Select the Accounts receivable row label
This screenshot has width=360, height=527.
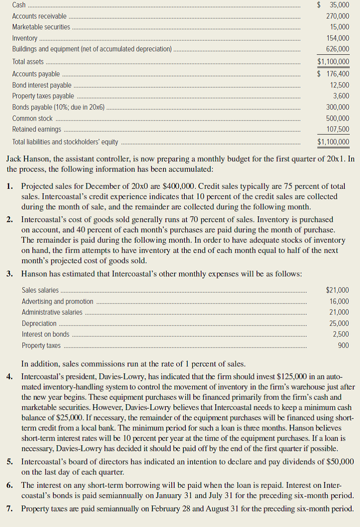tap(39, 16)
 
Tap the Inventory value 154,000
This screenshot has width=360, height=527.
tap(337, 38)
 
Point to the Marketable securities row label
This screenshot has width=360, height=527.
tap(41, 27)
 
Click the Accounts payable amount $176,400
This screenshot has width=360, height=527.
tap(333, 74)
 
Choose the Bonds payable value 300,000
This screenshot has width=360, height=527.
tap(337, 107)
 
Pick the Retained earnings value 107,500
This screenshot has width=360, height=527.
tap(337, 129)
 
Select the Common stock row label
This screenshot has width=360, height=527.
tap(32, 118)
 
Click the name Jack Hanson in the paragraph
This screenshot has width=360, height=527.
tap(27, 160)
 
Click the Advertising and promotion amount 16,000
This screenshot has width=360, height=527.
tap(339, 301)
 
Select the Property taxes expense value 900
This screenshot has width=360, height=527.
tap(343, 345)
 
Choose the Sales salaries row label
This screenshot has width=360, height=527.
tap(40, 290)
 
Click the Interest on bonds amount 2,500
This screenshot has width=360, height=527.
tap(340, 334)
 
